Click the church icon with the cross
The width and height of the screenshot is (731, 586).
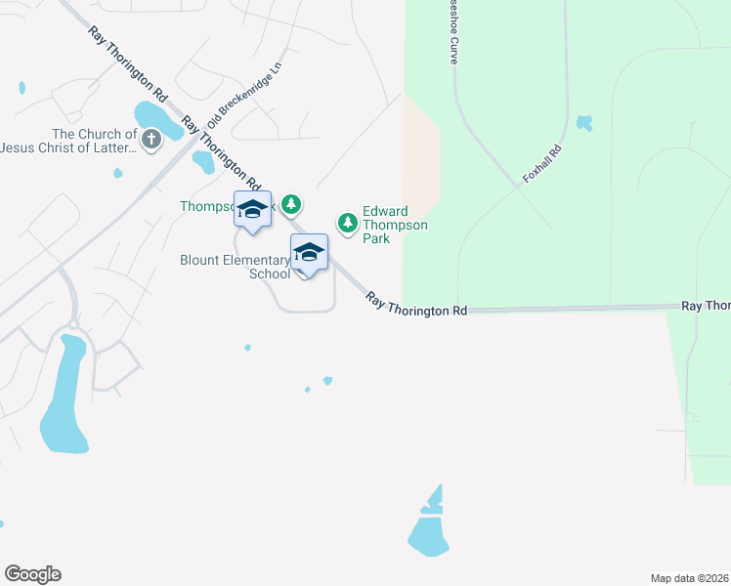coord(151,141)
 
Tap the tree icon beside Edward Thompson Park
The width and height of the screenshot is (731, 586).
coord(347,224)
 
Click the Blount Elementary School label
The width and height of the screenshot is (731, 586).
coord(235,267)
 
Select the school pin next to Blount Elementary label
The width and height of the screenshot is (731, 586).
coord(309,253)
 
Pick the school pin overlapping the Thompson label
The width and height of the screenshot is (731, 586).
coord(253,211)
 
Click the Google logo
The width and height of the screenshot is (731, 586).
coord(32,574)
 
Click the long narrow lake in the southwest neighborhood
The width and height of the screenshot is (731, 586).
coord(64,396)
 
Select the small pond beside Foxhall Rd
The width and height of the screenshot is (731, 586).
coord(584,123)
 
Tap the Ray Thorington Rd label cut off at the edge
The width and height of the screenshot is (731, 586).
coord(706,306)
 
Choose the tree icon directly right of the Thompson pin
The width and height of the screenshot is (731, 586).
coord(290,204)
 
